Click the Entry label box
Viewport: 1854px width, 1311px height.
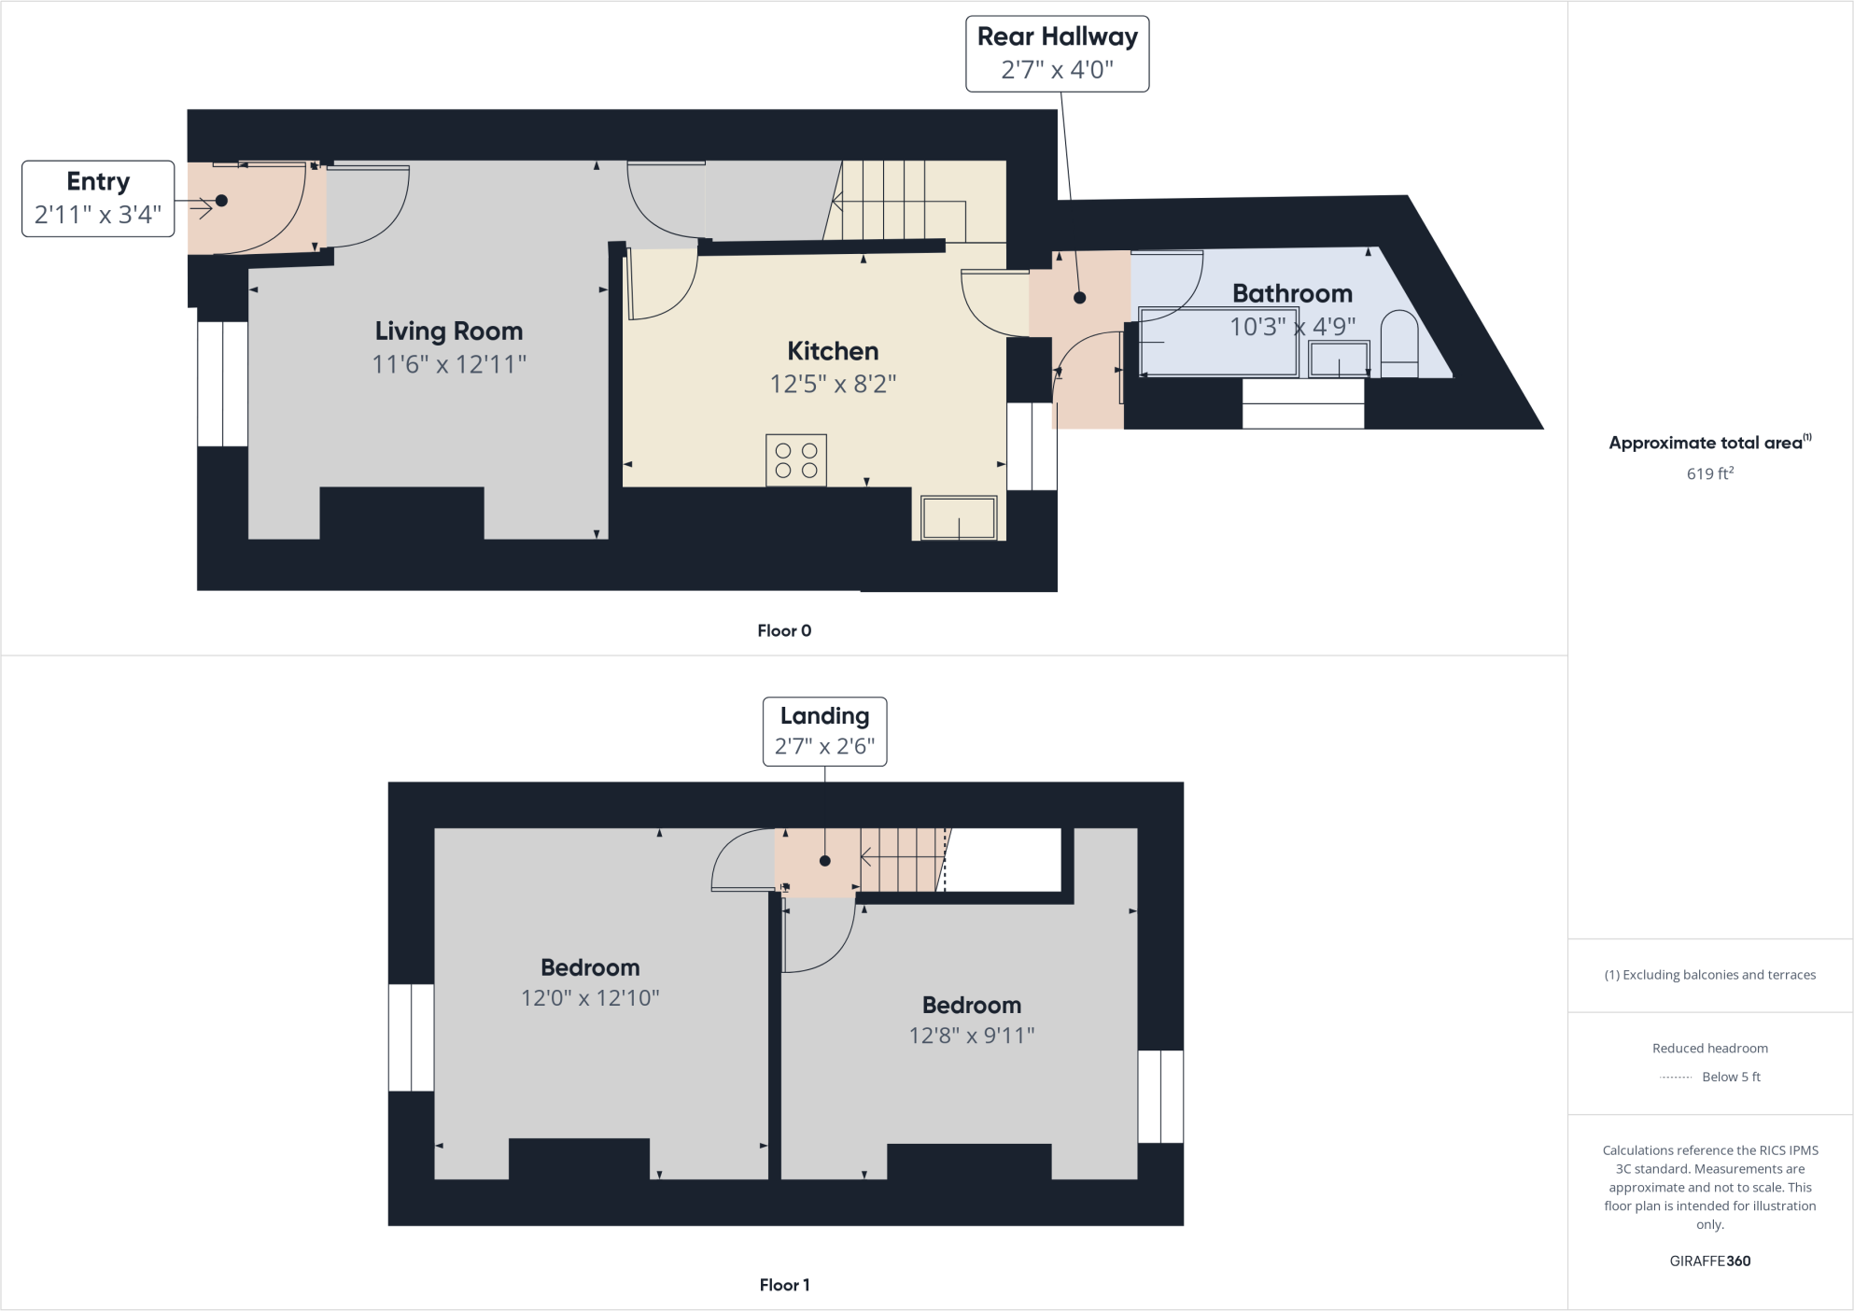(98, 198)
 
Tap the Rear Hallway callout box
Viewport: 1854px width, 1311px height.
(1057, 53)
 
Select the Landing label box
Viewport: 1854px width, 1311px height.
(824, 731)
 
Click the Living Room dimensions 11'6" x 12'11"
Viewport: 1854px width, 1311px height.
(449, 364)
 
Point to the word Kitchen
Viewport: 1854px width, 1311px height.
(833, 351)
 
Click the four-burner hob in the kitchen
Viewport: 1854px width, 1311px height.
(796, 460)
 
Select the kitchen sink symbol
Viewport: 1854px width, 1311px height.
(959, 518)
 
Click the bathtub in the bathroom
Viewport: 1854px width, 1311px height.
(1218, 343)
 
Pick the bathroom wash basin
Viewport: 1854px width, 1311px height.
(1339, 359)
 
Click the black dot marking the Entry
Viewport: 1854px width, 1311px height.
(221, 201)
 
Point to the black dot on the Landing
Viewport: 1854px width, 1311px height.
(825, 861)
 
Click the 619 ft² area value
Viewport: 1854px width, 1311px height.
(1709, 473)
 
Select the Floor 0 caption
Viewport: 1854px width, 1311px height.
(784, 630)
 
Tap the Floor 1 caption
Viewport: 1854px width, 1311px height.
(784, 1285)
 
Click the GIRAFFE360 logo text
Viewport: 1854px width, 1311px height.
(1709, 1261)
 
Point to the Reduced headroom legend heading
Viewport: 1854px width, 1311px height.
(1709, 1048)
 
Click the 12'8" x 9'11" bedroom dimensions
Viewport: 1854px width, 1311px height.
(972, 1036)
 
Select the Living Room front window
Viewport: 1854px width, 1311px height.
(222, 384)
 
